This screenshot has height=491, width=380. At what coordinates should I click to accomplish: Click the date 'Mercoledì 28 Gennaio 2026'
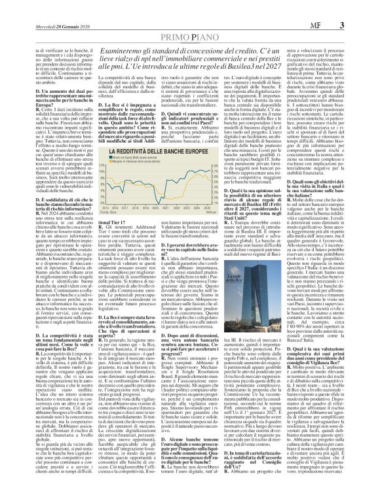pyautogui.click(x=35, y=7)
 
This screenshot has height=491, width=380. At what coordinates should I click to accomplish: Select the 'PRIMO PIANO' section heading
pyautogui.click(x=189, y=20)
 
